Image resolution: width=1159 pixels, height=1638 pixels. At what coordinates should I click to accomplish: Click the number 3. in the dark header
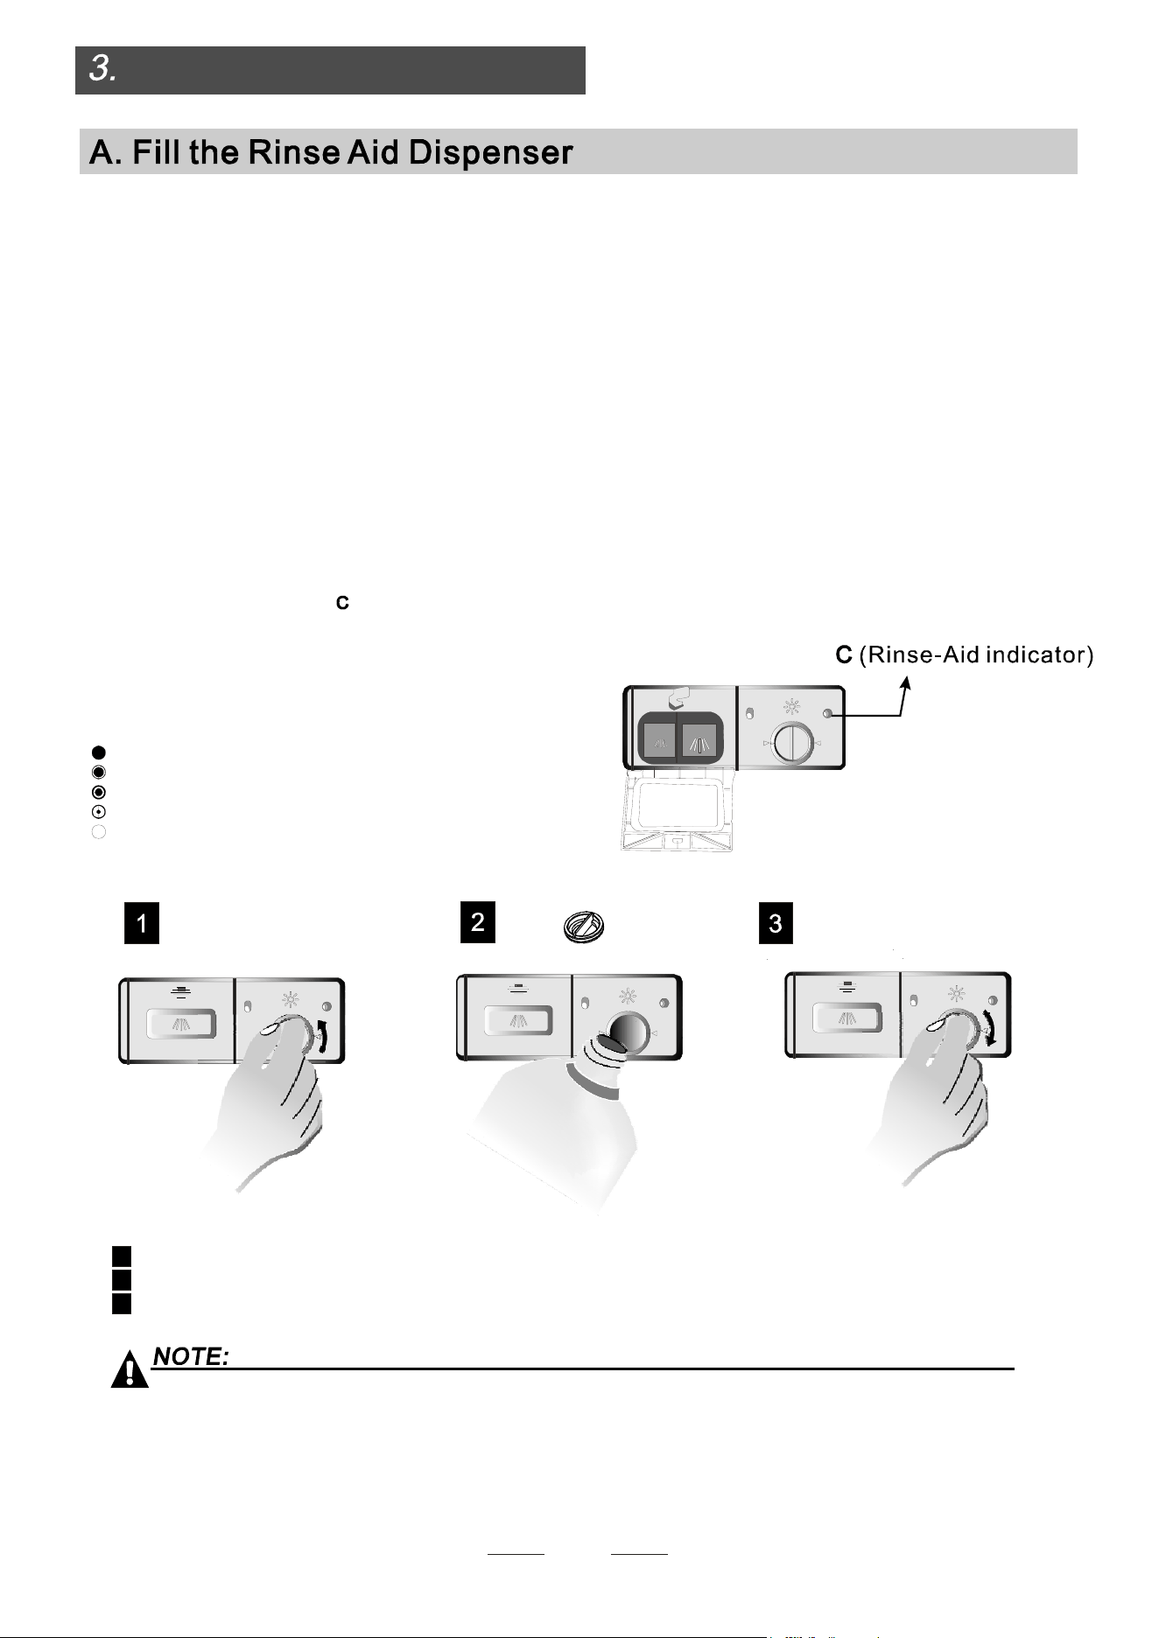pyautogui.click(x=103, y=69)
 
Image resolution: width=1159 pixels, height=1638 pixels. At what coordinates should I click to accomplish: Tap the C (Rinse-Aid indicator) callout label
pyautogui.click(x=964, y=655)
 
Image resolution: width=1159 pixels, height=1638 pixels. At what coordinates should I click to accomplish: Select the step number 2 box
pyautogui.click(x=478, y=922)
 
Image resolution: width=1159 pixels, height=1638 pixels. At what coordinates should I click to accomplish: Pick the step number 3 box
pyautogui.click(x=776, y=925)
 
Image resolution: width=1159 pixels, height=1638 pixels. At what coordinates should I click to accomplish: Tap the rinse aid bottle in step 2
pyautogui.click(x=551, y=1129)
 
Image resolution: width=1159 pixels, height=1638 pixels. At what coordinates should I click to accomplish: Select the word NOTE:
pyautogui.click(x=192, y=1356)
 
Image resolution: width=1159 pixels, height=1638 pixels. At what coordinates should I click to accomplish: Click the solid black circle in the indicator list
pyautogui.click(x=99, y=752)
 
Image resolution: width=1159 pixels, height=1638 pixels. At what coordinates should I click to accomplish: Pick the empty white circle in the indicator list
pyautogui.click(x=99, y=832)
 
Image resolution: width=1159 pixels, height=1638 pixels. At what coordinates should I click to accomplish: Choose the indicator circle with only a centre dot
pyautogui.click(x=99, y=812)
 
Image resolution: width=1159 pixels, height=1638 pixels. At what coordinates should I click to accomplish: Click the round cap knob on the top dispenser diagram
pyautogui.click(x=790, y=743)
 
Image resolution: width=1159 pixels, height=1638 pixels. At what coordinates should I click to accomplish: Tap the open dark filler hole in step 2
pyautogui.click(x=622, y=1031)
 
